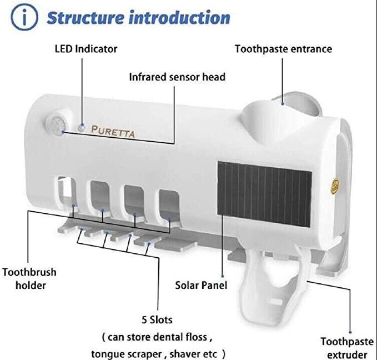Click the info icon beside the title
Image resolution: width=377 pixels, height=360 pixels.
[x=21, y=18]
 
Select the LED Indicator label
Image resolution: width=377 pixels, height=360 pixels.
[x=86, y=48]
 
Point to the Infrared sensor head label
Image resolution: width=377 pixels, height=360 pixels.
[x=177, y=77]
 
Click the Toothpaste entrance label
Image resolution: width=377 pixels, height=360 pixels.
[x=283, y=48]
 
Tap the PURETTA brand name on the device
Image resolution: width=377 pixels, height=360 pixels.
[x=113, y=132]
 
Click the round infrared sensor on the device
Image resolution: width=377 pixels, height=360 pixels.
[x=57, y=123]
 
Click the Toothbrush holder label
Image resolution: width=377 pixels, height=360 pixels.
[x=29, y=279]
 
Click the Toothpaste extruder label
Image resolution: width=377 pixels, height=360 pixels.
[x=344, y=348]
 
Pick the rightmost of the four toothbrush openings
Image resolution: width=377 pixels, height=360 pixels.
[x=167, y=203]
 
